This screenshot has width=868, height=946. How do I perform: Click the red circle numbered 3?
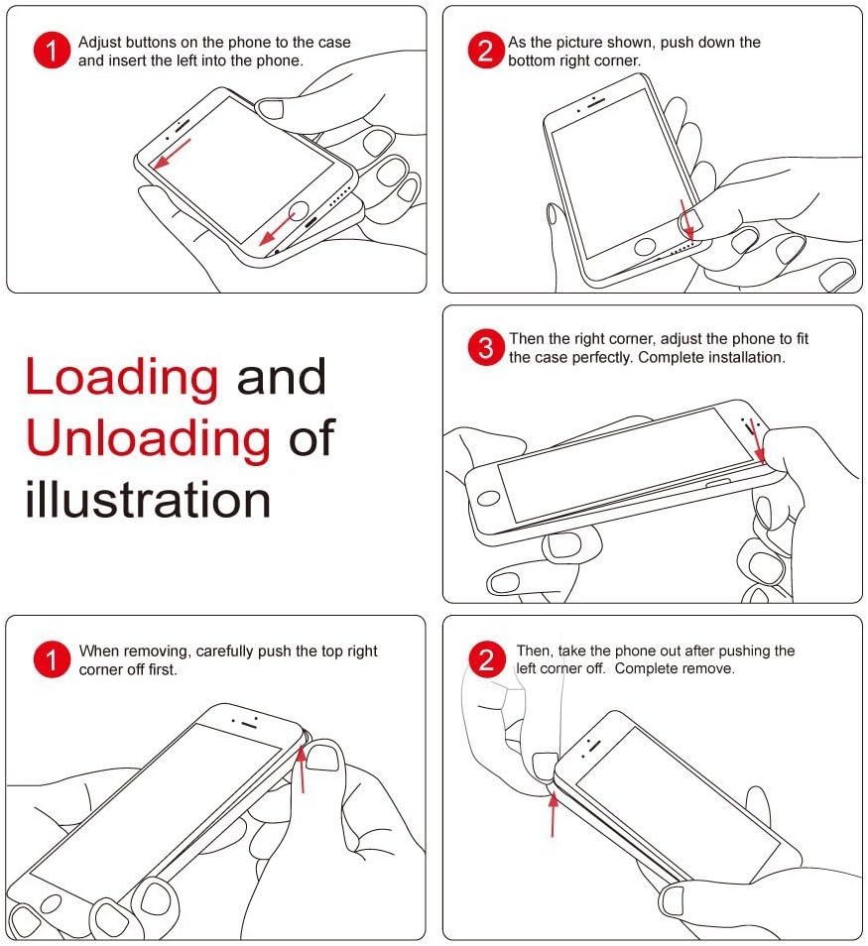tap(485, 348)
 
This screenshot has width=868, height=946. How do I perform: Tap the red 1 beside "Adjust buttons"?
tap(52, 52)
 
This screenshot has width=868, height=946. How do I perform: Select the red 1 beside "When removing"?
tap(52, 659)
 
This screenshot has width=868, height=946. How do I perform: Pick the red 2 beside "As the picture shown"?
tap(485, 52)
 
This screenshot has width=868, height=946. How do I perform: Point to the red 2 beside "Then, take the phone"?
tap(485, 659)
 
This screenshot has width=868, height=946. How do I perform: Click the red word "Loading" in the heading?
tap(121, 378)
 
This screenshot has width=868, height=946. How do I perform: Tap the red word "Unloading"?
tap(148, 438)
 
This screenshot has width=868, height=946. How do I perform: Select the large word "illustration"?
tap(148, 500)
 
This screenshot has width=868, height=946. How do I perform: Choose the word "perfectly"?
tap(598, 357)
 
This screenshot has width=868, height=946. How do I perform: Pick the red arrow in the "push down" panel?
tap(685, 217)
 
